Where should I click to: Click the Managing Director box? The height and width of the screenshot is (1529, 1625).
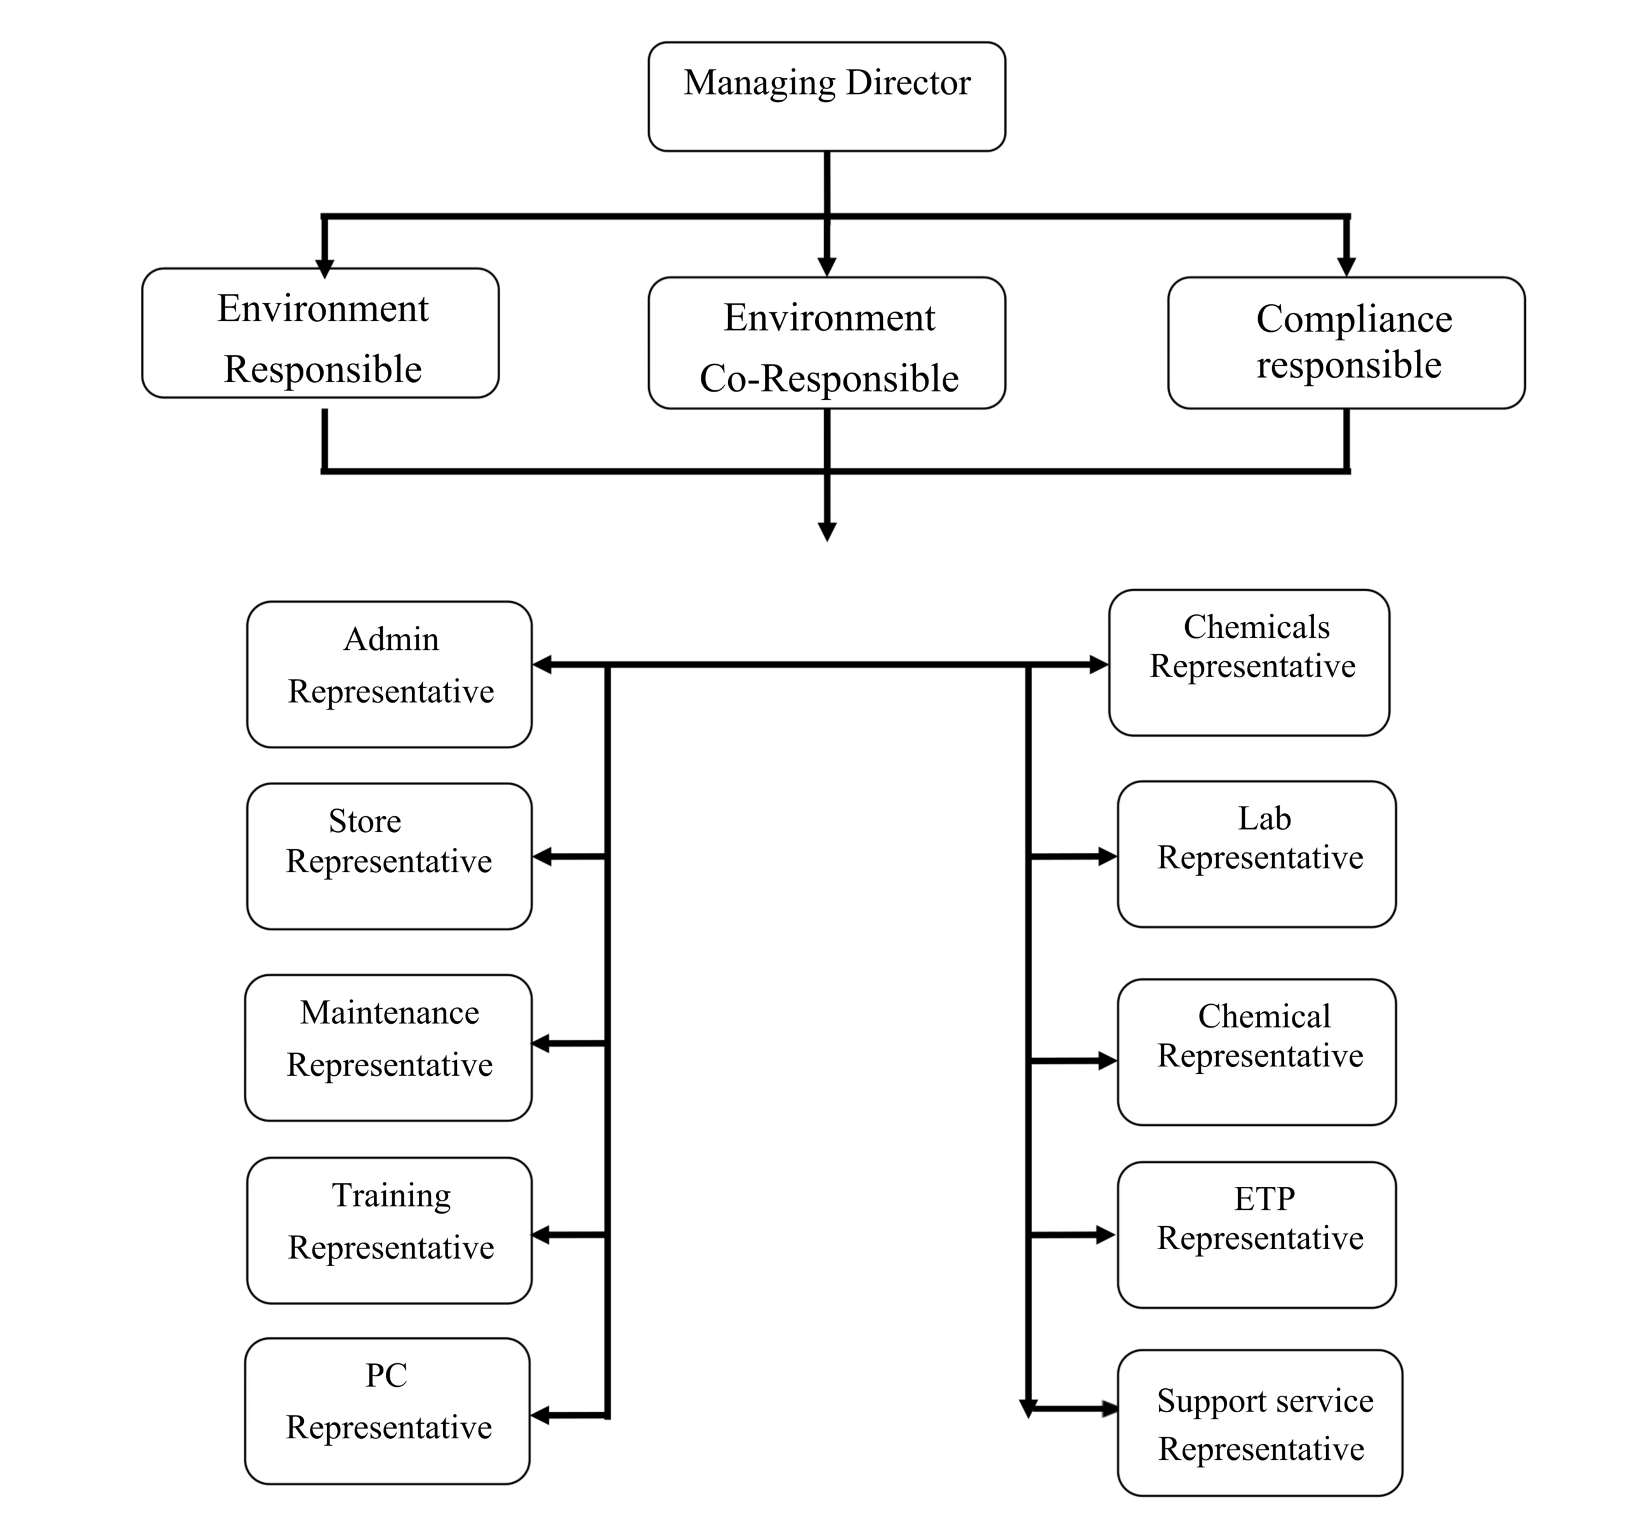[826, 96]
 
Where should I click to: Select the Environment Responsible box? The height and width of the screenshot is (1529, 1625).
[321, 333]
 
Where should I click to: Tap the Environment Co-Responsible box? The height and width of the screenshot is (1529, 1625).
[826, 343]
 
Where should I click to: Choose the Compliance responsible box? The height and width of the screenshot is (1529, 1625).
[1346, 343]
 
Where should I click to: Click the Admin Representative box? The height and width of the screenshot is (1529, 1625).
[389, 674]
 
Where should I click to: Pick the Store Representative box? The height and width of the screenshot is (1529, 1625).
[389, 856]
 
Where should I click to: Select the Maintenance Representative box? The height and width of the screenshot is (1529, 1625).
[388, 1048]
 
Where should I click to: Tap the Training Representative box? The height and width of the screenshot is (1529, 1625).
[389, 1230]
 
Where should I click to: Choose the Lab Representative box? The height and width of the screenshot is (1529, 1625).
[1256, 854]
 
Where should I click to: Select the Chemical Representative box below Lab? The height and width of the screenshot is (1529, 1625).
[1256, 1052]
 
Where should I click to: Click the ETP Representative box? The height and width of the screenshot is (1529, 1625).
[1256, 1234]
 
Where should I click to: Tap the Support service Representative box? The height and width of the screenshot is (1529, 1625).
[1259, 1424]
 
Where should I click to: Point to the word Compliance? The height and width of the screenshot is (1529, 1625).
[1353, 319]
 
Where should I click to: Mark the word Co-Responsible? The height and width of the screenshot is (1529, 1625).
[829, 378]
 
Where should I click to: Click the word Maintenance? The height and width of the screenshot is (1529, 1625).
[389, 1012]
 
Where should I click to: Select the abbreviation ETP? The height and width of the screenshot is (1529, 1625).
[1264, 1199]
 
